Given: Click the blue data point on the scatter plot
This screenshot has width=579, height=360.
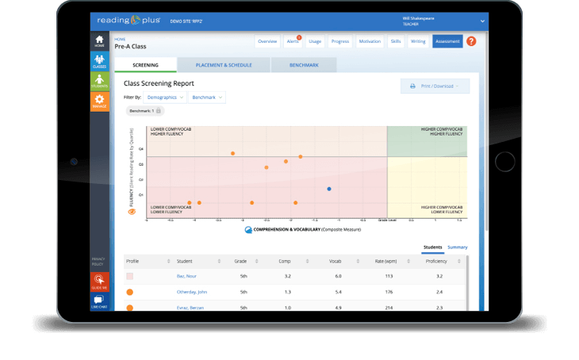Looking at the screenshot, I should (329, 189).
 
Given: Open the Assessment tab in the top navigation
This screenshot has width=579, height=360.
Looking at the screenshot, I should (447, 41).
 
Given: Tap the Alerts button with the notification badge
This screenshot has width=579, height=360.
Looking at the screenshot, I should (293, 41).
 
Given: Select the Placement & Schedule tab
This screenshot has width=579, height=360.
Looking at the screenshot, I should (223, 65).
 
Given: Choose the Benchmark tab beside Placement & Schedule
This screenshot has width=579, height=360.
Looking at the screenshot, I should (304, 65).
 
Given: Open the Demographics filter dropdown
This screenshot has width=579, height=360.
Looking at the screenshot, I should (165, 97).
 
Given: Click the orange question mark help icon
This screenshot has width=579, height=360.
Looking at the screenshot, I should (471, 41).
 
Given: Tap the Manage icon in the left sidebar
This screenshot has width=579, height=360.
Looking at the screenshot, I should (99, 101).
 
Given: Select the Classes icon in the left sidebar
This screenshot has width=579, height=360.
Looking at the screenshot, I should (99, 62).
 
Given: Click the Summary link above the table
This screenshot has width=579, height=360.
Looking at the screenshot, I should (457, 247).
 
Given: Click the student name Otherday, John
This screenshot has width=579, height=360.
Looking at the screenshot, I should (192, 292).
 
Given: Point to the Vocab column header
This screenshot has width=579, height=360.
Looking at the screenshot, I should (338, 261).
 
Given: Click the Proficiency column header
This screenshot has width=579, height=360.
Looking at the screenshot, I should (435, 261).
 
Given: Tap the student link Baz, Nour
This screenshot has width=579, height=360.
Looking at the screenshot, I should (186, 276).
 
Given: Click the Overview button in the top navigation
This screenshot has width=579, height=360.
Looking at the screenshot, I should (267, 41).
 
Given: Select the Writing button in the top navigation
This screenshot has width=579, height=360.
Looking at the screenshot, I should (418, 41).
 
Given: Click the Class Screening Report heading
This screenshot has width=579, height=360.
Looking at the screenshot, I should (159, 83).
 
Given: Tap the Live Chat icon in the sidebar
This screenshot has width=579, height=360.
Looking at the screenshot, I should (99, 302).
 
